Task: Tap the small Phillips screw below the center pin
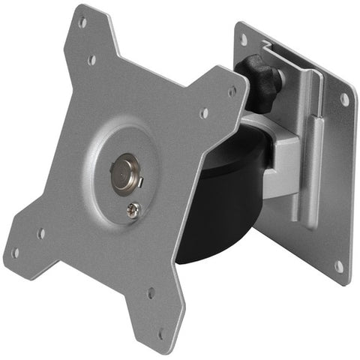(133, 211)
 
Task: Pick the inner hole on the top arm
(91, 59)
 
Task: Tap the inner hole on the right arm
(204, 114)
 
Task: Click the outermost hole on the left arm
(16, 253)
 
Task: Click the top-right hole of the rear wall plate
(344, 98)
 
